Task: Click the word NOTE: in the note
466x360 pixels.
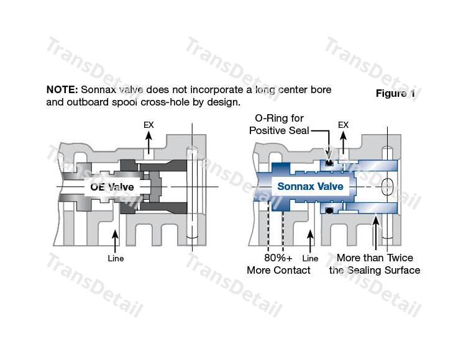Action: tap(61, 90)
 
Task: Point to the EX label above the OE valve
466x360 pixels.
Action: tap(148, 125)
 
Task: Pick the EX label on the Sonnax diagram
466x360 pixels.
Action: tap(343, 125)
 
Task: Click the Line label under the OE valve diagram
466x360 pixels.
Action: tap(116, 258)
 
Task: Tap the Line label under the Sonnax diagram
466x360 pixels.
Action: tap(310, 258)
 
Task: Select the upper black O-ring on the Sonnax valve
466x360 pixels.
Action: tap(330, 163)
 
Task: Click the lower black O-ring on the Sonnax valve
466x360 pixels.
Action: tap(330, 210)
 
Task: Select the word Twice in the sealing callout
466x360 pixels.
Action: tap(398, 258)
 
